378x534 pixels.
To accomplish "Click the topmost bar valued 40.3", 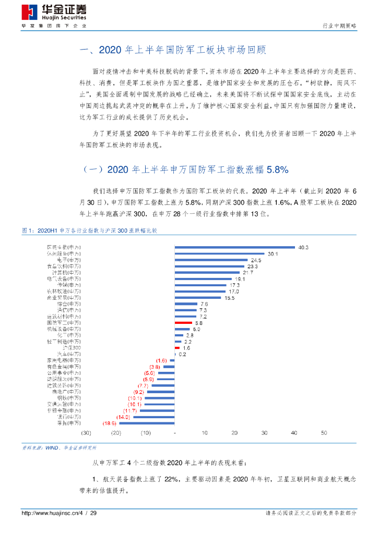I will point(234,247).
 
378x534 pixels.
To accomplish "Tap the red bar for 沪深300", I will point(177,347).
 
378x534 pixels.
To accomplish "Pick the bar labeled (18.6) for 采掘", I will point(147,423).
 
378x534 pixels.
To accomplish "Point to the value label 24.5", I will point(256,260).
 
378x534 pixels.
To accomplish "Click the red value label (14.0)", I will point(123,417).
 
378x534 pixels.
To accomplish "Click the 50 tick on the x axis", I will point(324,433).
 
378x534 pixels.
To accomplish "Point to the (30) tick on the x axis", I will point(86,433).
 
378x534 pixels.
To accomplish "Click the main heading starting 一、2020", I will point(172,51).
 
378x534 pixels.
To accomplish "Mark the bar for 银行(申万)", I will point(154,417).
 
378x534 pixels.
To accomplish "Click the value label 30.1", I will point(273,253).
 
